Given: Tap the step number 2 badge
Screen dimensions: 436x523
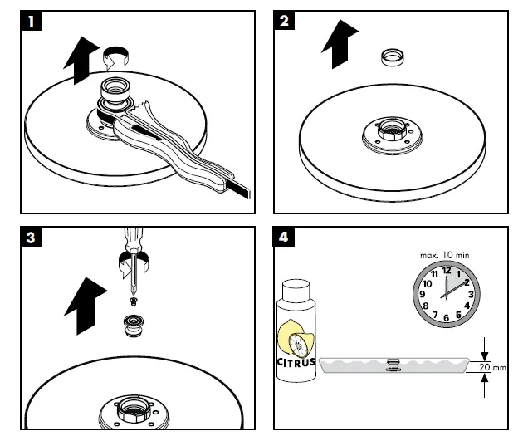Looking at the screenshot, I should point(284,22).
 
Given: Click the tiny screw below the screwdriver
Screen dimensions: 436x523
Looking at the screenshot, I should point(132,299).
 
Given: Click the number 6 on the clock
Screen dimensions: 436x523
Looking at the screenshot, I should point(446,317).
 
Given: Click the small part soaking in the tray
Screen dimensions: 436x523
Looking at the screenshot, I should point(393,363).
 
